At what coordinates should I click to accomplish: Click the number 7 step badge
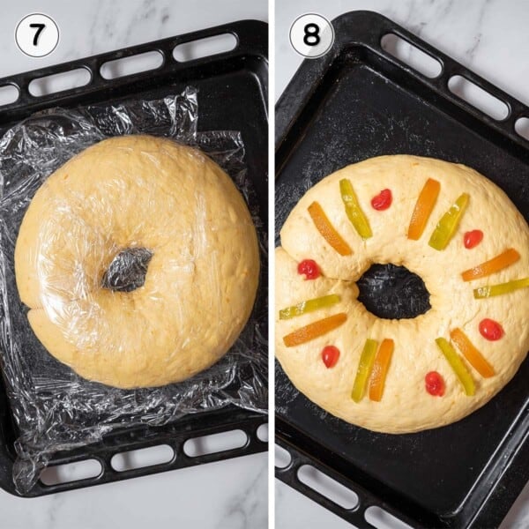point(37,35)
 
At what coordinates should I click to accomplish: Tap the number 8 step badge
point(311,35)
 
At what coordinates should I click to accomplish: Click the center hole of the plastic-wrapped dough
point(128,269)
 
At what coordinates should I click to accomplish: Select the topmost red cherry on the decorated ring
point(381,199)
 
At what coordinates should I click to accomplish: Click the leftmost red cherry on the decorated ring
point(308,269)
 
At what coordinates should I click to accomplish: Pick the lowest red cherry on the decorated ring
point(435,384)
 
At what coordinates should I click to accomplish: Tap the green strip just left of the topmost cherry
point(355,209)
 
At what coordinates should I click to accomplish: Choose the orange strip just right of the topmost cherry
point(423,209)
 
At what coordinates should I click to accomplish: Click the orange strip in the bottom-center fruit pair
point(382,369)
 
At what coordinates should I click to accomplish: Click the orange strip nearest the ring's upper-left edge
point(329,228)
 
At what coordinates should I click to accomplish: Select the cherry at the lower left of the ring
point(331,356)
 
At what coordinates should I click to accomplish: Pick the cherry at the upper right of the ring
point(473,239)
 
